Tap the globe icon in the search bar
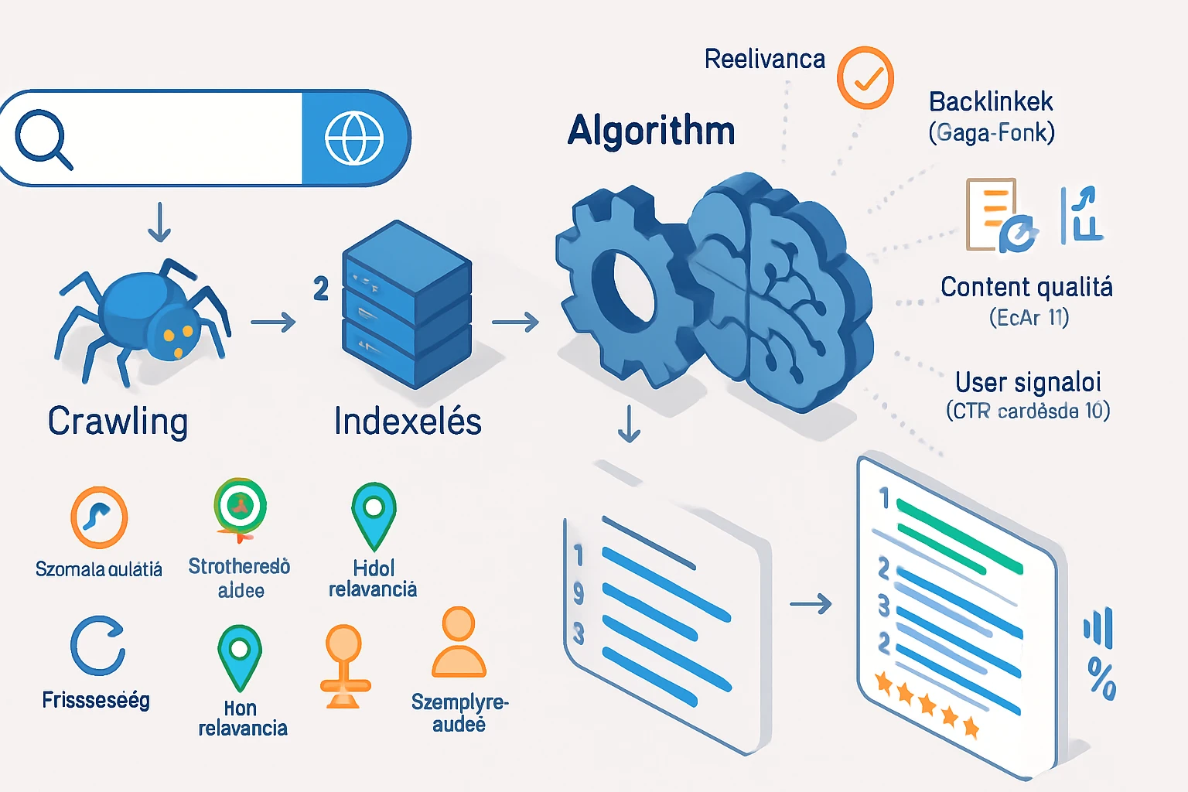354,138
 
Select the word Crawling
118,422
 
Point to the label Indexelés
408,422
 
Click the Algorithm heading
651,130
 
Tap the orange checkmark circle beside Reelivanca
865,77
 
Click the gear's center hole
623,285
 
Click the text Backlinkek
991,101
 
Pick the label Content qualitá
1026,287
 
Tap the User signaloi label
1028,382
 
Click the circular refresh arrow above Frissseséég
97,646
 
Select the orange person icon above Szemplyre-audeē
459,642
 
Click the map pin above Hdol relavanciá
374,514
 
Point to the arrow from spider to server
273,322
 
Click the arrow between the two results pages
811,603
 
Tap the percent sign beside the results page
1102,678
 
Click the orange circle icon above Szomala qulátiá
99,517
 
